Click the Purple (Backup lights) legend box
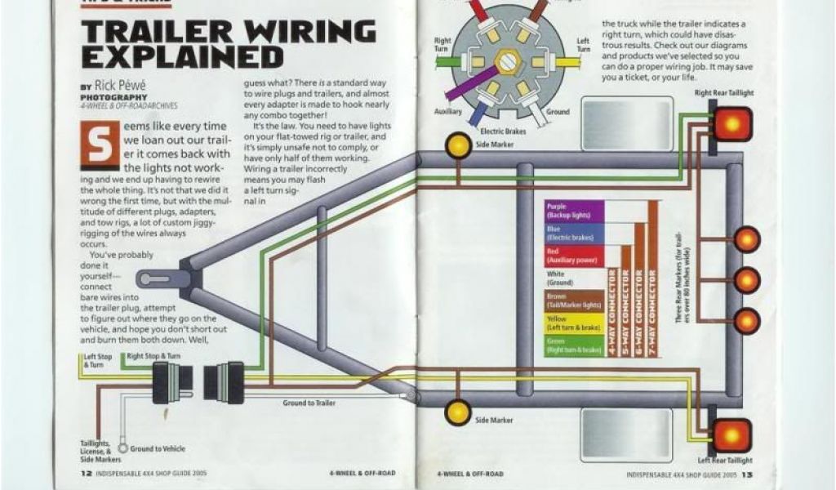[x=574, y=211]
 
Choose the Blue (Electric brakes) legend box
[x=574, y=233]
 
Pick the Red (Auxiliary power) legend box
[x=574, y=256]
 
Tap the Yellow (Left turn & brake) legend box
[x=574, y=323]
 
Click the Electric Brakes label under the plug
[x=503, y=131]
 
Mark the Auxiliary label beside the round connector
[x=447, y=110]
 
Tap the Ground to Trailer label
[x=309, y=403]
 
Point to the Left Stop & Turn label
[x=97, y=360]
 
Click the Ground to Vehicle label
[x=158, y=448]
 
